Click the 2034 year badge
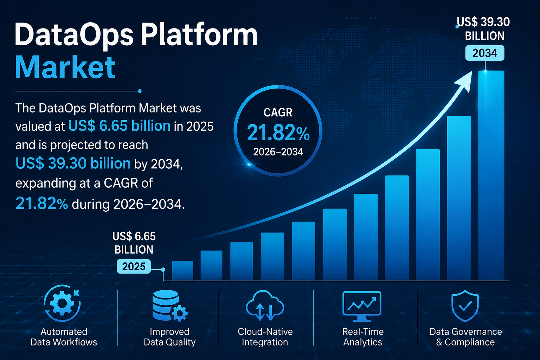click(484, 53)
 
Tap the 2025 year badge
click(134, 266)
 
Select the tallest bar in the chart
click(491, 175)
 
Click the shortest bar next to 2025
click(182, 270)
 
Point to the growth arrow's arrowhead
click(464, 81)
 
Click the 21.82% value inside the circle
click(278, 133)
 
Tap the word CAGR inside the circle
click(278, 112)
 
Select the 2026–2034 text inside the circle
click(278, 152)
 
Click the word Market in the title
click(65, 67)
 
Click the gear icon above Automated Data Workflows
click(62, 303)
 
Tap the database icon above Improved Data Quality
click(170, 306)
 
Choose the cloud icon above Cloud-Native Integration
click(265, 306)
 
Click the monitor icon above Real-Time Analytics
click(362, 306)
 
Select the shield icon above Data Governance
click(465, 306)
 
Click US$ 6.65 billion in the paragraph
click(119, 126)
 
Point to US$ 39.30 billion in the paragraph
click(73, 163)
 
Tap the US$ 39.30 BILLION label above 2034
click(484, 29)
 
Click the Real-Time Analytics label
click(363, 337)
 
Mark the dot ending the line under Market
click(140, 91)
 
